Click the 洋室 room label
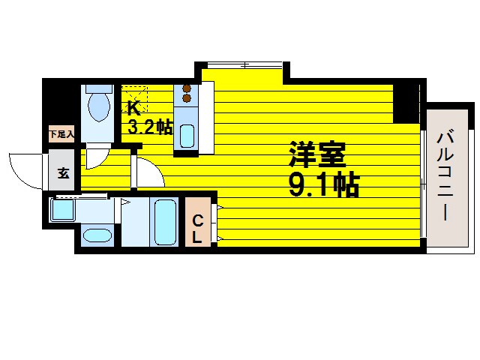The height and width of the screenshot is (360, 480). [316, 155]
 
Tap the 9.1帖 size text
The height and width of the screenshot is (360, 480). [323, 184]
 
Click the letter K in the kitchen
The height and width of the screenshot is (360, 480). [133, 107]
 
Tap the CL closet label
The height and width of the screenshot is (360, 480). [196, 229]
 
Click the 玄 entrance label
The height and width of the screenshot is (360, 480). [63, 173]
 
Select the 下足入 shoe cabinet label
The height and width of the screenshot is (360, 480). [61, 135]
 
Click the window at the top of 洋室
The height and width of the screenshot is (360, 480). [241, 66]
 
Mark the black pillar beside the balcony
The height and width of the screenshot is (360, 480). [407, 103]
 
